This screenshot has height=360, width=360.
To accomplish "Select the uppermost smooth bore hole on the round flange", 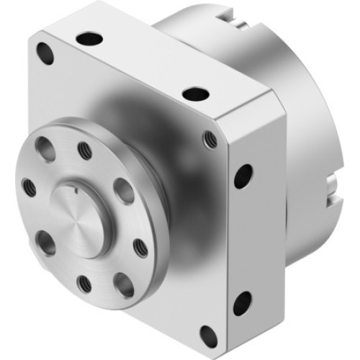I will [x=44, y=148].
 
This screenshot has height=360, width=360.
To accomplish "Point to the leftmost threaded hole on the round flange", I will [x=29, y=188].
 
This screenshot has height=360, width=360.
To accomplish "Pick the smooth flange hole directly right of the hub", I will [x=123, y=191].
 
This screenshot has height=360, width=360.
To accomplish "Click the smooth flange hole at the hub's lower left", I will [x=45, y=242].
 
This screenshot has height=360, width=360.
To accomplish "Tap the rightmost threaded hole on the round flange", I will [x=140, y=247].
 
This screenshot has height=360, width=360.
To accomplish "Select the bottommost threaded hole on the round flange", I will [x=84, y=284].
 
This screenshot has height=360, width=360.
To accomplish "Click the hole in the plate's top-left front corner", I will [x=45, y=52].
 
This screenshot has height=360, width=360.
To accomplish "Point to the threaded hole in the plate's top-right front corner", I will [x=210, y=138].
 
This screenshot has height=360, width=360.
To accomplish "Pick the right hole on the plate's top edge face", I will [x=195, y=93].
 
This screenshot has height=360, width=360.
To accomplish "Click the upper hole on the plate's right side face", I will [x=243, y=175].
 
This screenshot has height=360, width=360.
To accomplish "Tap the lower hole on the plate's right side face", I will [x=242, y=303].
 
